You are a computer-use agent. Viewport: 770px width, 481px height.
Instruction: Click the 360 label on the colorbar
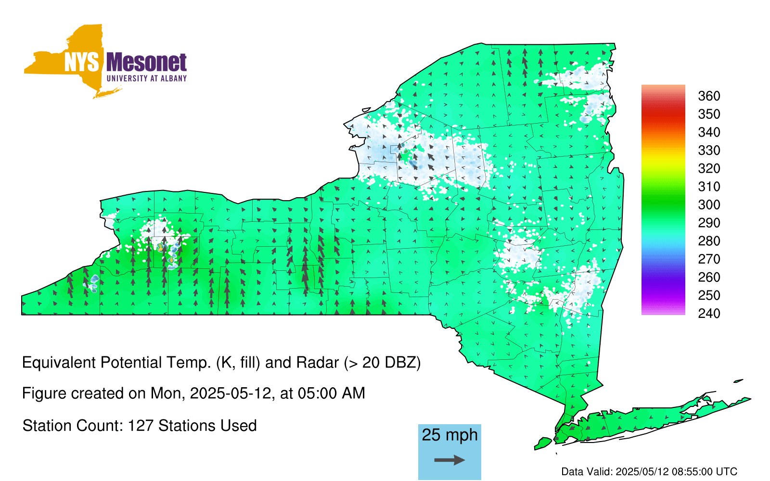[709, 96]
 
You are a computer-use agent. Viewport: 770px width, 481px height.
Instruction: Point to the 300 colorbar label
[709, 205]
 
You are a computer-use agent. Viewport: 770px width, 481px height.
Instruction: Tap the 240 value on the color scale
[709, 313]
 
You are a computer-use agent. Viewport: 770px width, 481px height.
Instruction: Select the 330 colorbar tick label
[709, 150]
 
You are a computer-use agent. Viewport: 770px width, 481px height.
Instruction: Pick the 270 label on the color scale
[709, 259]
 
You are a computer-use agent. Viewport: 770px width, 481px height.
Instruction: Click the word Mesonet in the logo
[146, 63]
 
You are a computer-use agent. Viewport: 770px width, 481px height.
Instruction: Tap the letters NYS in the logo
[82, 63]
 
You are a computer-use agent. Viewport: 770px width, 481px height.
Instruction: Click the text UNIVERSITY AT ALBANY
[147, 78]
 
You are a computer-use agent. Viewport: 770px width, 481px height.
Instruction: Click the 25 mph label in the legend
[449, 435]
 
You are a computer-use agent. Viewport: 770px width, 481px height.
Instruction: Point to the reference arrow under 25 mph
[449, 460]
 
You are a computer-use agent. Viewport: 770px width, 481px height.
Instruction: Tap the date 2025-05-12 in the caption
[231, 393]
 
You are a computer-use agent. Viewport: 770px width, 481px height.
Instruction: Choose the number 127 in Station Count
[141, 426]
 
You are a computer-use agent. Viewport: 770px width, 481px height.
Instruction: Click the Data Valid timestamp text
[649, 471]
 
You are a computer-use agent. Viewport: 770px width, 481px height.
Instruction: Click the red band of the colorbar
[663, 114]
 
